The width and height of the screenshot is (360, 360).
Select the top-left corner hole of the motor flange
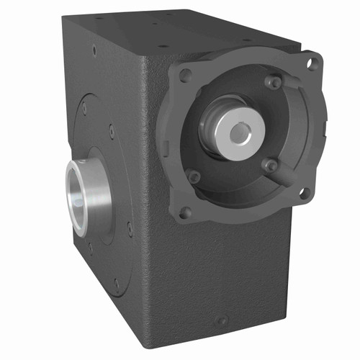click(186, 75)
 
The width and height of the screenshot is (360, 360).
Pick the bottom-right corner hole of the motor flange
click(305, 192)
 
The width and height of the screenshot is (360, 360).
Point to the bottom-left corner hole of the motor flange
click(186, 212)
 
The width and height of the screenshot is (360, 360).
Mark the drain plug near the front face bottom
click(222, 320)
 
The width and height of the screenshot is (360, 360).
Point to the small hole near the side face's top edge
click(94, 51)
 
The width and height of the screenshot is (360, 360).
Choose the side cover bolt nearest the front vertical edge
click(130, 229)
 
